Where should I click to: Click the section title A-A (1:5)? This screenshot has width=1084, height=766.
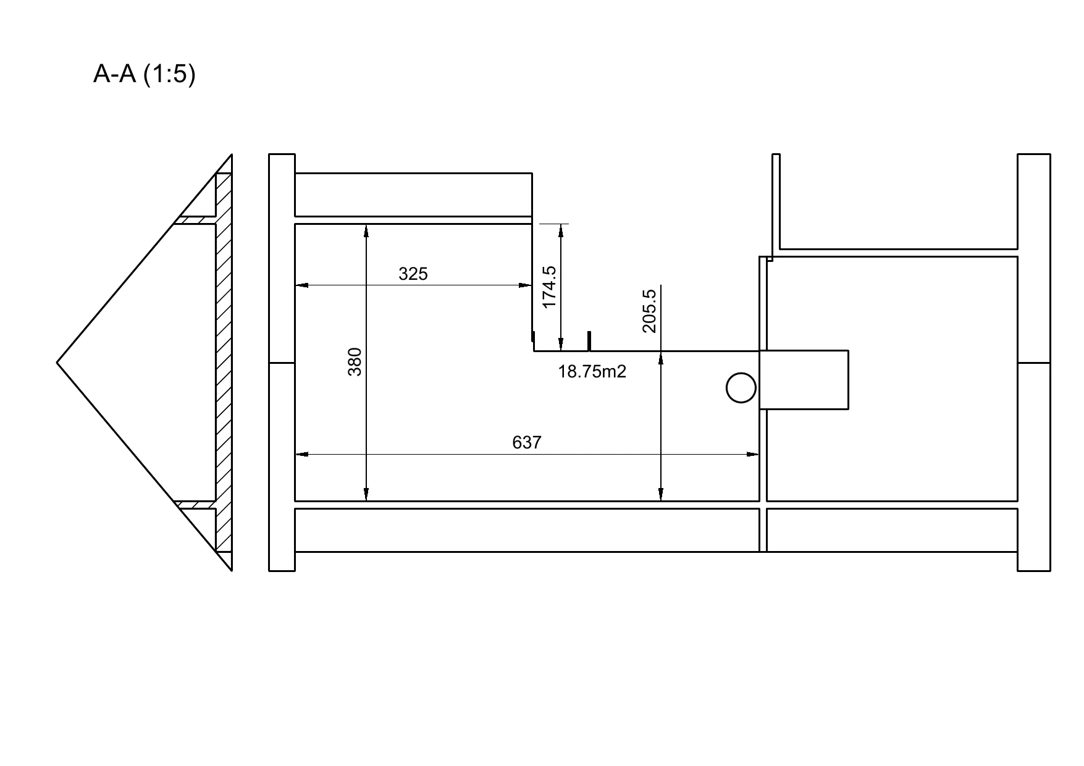click(x=144, y=74)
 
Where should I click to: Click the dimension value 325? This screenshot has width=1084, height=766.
click(x=413, y=274)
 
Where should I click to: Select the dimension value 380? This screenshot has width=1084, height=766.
click(x=355, y=362)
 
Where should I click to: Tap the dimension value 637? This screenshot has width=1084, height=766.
click(x=527, y=442)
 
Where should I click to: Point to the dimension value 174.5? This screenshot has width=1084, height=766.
click(x=549, y=287)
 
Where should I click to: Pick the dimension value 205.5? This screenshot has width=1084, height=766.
click(x=649, y=311)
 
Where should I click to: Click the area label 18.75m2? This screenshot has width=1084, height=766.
click(x=592, y=371)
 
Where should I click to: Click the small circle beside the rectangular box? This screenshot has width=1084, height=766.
click(x=741, y=388)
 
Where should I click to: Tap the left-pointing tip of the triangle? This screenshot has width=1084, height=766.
click(x=57, y=363)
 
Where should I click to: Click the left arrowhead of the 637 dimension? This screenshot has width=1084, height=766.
click(x=302, y=455)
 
